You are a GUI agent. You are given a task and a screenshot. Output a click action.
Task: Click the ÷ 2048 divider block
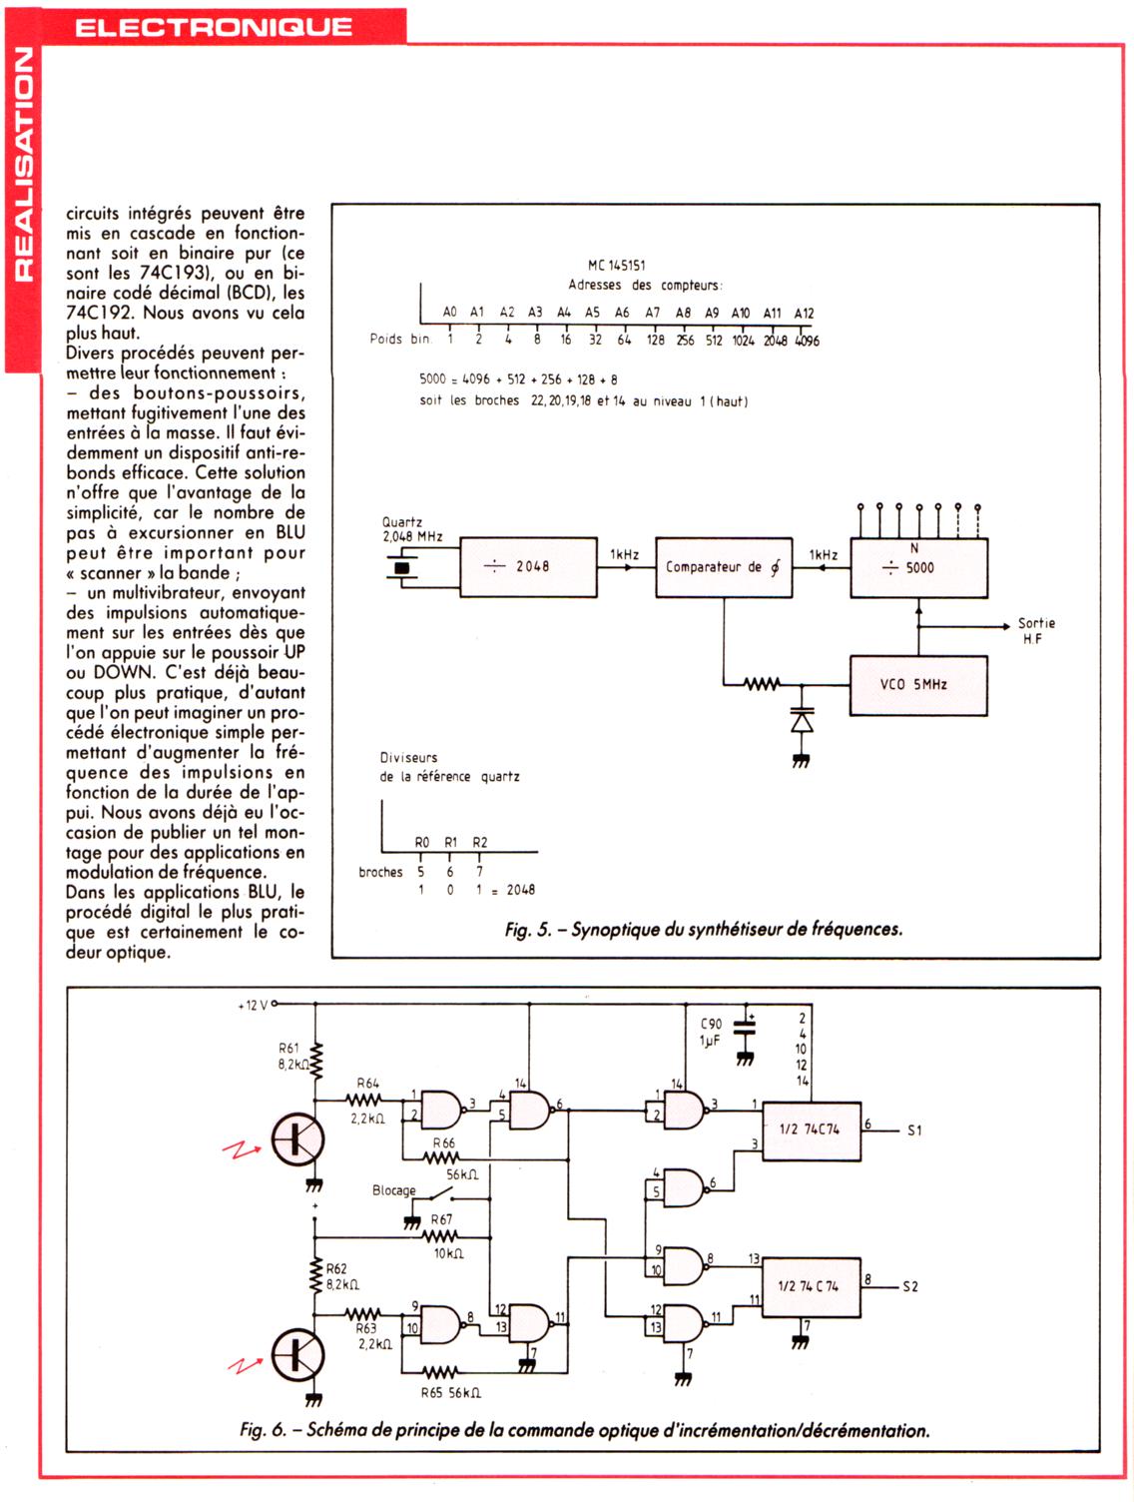pyautogui.click(x=528, y=566)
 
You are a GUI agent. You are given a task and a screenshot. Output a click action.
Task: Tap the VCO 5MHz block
pyautogui.click(x=918, y=685)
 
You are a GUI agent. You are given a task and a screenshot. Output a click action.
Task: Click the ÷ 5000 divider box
pyautogui.click(x=918, y=567)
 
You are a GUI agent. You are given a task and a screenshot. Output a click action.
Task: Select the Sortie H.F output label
pyautogui.click(x=1037, y=630)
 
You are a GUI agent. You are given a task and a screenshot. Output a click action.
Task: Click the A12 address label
pyautogui.click(x=804, y=313)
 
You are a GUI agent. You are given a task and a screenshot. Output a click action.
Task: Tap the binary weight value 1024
pyautogui.click(x=743, y=341)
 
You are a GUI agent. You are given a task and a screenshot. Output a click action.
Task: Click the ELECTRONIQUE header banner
pyautogui.click(x=214, y=27)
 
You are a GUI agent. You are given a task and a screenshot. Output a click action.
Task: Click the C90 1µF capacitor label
pyautogui.click(x=710, y=1033)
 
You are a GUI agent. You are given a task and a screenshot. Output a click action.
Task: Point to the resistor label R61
pyautogui.click(x=287, y=1049)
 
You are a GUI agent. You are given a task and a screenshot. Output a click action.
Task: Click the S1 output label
pyautogui.click(x=914, y=1130)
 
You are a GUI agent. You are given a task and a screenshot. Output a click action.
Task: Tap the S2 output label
pyautogui.click(x=909, y=1286)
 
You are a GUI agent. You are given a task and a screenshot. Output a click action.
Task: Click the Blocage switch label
pyautogui.click(x=393, y=1190)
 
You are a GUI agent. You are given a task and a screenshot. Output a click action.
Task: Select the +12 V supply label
pyautogui.click(x=253, y=1005)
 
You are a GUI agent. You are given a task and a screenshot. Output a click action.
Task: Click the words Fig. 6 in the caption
pyautogui.click(x=263, y=1430)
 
